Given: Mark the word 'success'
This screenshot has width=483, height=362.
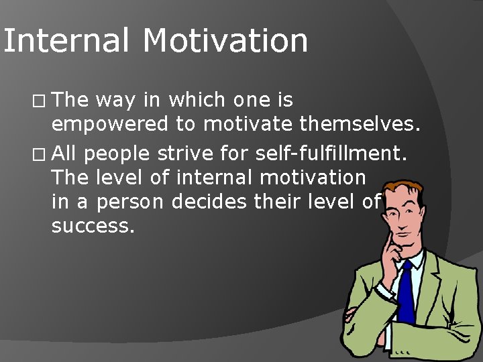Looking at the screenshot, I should (93, 225).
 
